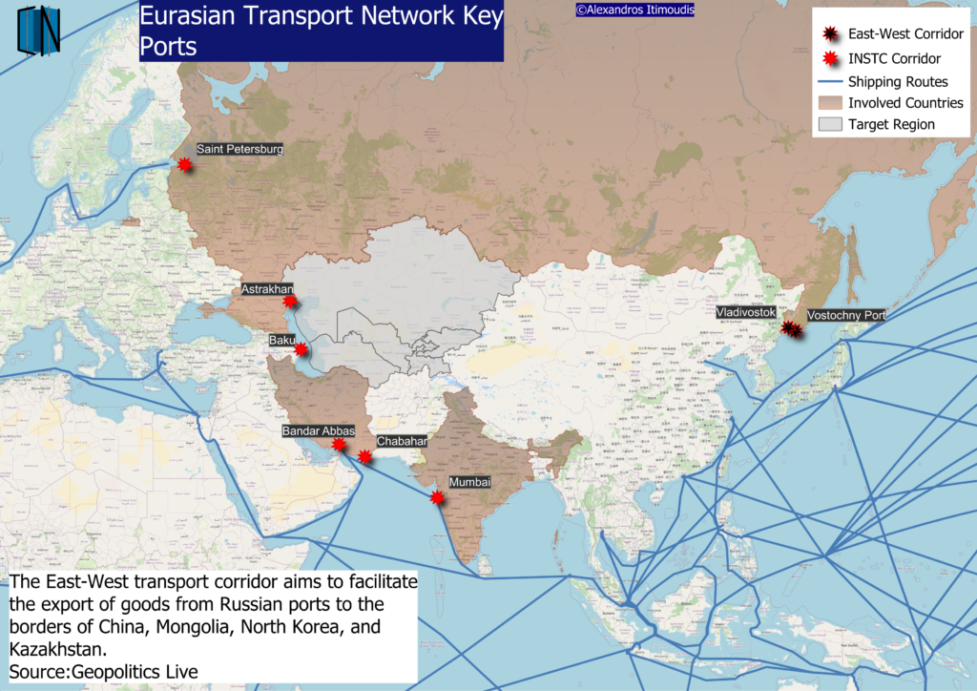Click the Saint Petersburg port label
point(239,149)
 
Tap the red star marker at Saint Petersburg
point(185,165)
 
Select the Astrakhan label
point(267,288)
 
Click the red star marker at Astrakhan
point(291,302)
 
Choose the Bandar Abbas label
point(318,431)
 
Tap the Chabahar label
point(402,442)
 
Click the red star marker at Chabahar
point(364,457)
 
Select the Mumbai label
point(469,483)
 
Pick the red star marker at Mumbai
point(437,497)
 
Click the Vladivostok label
point(747,312)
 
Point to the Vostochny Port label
point(846,315)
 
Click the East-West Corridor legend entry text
point(905,34)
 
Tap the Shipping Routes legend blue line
point(829,82)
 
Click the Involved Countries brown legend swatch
point(829,102)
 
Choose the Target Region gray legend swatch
point(829,124)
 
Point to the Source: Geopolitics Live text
point(104,672)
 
